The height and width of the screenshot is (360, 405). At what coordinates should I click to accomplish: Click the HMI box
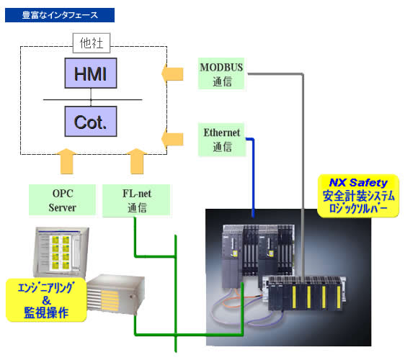click(x=91, y=73)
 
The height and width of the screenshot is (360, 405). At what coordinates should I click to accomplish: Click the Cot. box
click(x=91, y=121)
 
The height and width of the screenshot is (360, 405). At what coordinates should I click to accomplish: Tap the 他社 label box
click(x=92, y=43)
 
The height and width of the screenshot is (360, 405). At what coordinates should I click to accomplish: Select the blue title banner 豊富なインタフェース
click(x=60, y=15)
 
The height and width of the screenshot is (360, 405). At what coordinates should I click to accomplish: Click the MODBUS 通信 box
click(x=221, y=74)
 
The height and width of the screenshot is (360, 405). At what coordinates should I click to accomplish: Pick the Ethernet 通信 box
click(x=222, y=140)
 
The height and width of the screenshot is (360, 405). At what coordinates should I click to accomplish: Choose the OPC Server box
click(x=62, y=200)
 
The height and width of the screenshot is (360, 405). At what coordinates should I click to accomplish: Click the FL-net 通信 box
click(x=136, y=200)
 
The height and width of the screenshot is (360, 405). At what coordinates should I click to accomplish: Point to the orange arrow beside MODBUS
click(x=172, y=74)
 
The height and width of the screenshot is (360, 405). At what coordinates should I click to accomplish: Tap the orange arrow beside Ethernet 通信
click(x=172, y=140)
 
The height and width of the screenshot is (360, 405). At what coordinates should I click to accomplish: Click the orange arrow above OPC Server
click(x=66, y=161)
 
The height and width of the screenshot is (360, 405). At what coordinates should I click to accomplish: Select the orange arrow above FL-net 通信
click(x=137, y=161)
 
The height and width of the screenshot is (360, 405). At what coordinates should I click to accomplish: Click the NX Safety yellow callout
click(x=358, y=196)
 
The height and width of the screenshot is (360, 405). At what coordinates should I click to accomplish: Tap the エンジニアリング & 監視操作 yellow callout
click(x=46, y=300)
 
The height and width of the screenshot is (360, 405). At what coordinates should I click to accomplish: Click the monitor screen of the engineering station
click(x=61, y=251)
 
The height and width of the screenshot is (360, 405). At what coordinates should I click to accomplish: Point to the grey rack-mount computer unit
click(x=115, y=294)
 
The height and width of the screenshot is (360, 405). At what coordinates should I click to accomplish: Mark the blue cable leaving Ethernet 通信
click(x=253, y=178)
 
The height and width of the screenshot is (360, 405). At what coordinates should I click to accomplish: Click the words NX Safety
click(x=358, y=183)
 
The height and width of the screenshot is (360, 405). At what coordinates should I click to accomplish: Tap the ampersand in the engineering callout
click(x=47, y=300)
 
